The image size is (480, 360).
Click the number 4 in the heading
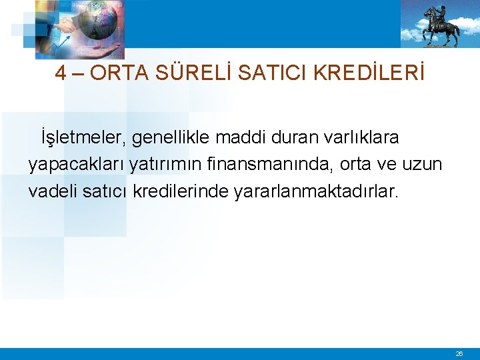pyautogui.click(x=61, y=73)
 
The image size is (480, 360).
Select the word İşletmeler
pyautogui.click(x=83, y=138)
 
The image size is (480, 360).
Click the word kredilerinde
pyautogui.click(x=181, y=191)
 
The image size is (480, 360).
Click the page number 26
pyautogui.click(x=459, y=354)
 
